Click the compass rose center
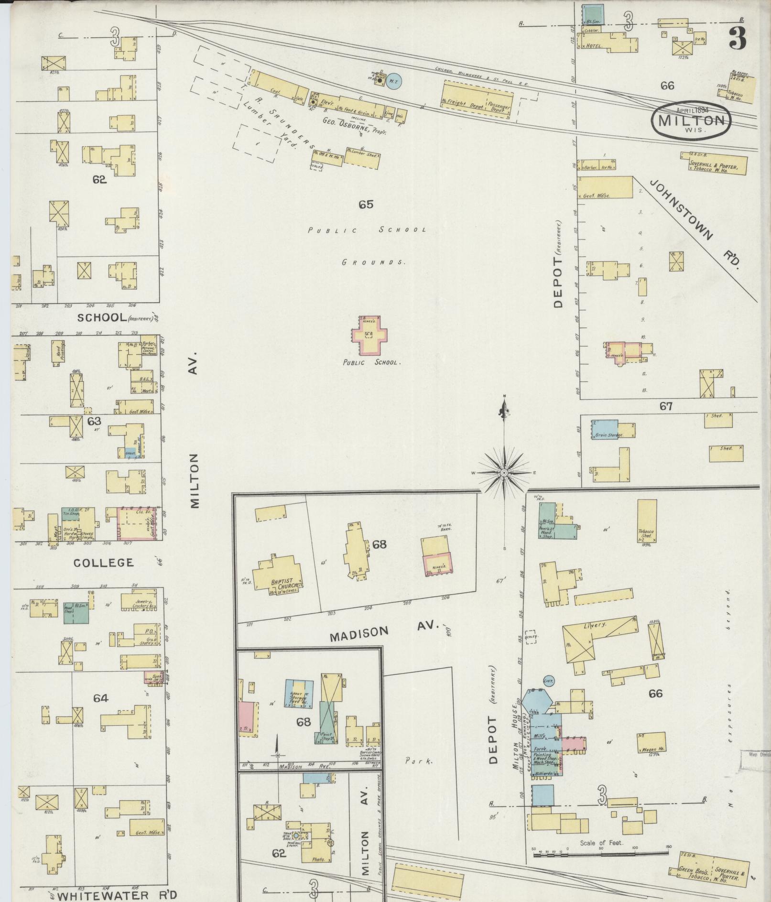[x=504, y=473]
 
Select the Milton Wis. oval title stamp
[x=691, y=120]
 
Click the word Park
[x=419, y=761]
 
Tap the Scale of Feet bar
[x=600, y=848]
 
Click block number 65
[x=366, y=205]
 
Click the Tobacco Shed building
[x=647, y=522]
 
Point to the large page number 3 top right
[x=737, y=38]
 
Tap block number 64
[x=100, y=698]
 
